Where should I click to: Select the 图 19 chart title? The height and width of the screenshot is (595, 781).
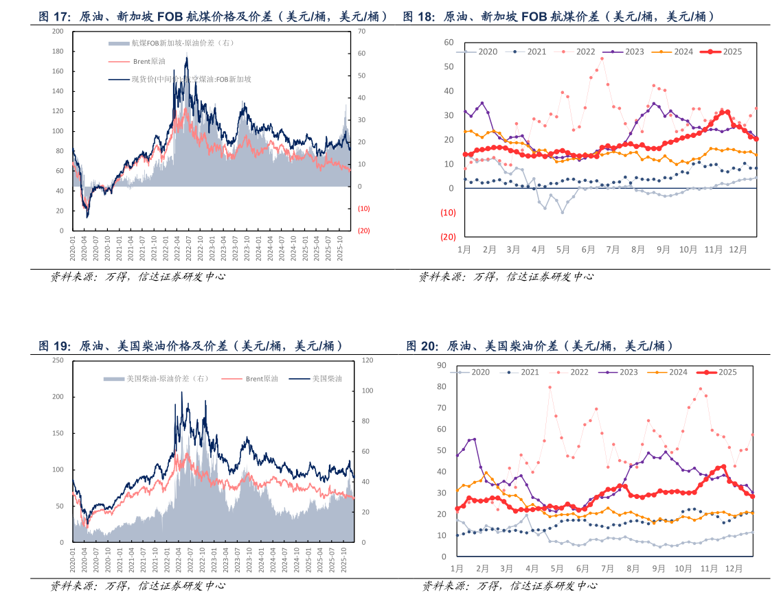[190, 345]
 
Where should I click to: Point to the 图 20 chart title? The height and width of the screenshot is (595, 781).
[539, 345]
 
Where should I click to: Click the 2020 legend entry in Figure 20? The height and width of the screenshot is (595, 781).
[473, 372]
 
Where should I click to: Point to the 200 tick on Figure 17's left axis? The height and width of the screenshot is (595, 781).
[58, 32]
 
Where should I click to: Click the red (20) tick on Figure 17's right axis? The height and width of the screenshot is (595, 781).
[363, 231]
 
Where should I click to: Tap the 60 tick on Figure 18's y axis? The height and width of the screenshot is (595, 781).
[449, 43]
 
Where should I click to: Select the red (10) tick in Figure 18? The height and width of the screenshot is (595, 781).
[448, 213]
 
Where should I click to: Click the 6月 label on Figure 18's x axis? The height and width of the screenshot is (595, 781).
[588, 250]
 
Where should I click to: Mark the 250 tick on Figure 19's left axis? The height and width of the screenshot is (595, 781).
[58, 360]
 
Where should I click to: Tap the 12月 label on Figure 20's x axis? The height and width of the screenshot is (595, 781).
[734, 569]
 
